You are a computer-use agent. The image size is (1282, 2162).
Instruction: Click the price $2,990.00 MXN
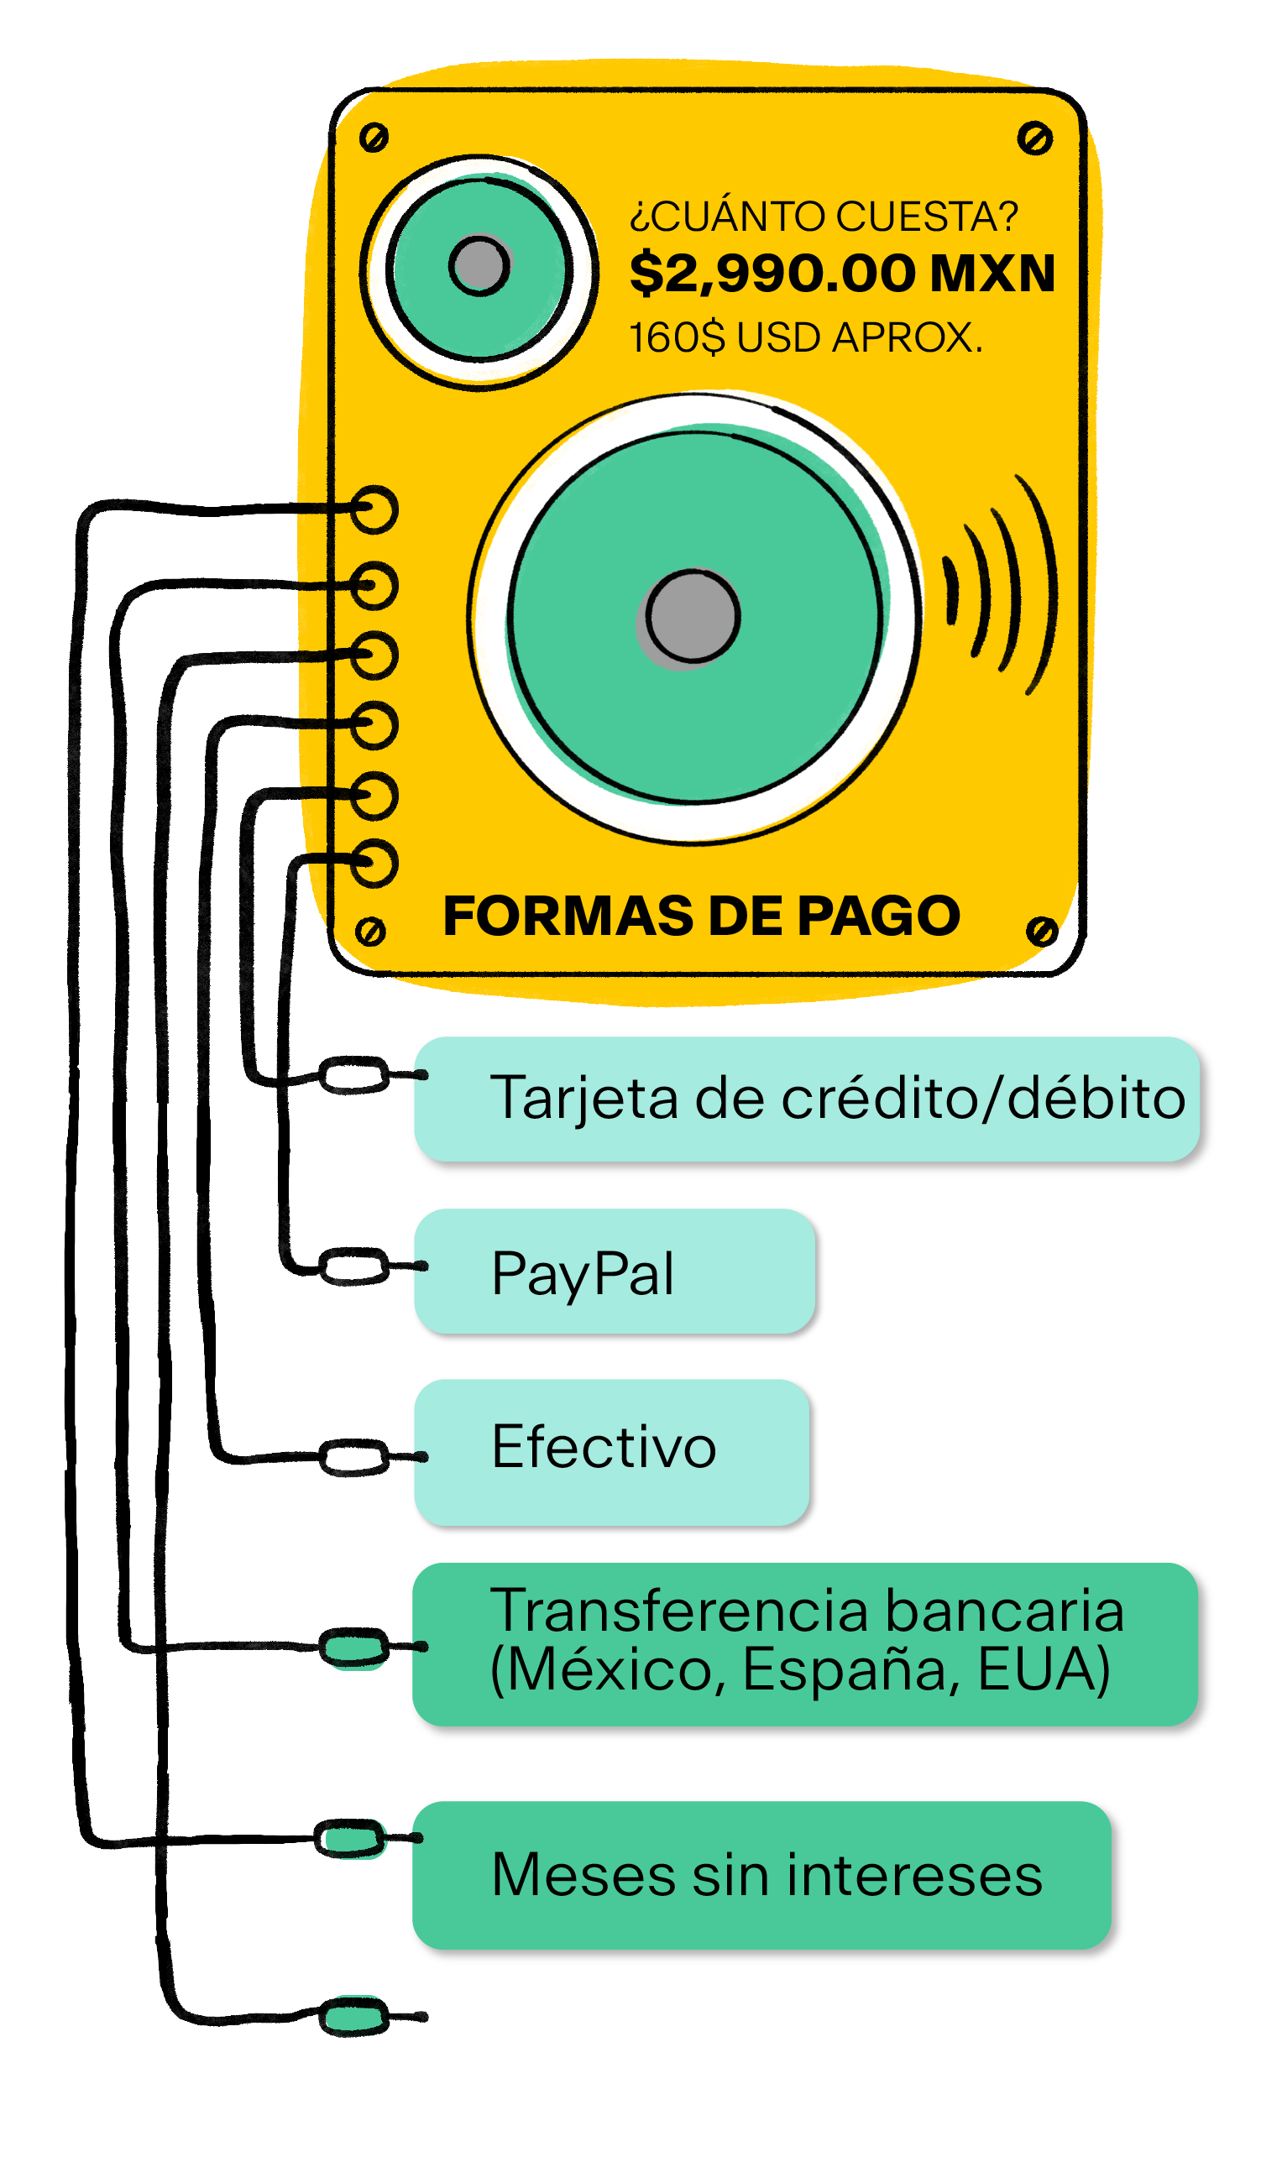click(x=841, y=274)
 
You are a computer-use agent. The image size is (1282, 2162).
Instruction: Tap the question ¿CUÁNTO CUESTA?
click(x=824, y=216)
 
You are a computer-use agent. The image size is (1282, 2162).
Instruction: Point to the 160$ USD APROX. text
click(x=805, y=337)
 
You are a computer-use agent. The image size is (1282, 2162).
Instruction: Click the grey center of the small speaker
click(x=479, y=265)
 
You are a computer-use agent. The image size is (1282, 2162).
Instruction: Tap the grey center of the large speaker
click(x=693, y=617)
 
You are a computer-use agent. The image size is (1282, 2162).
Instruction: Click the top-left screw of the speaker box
click(x=374, y=138)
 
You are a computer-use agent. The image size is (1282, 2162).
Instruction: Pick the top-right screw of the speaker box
click(x=1034, y=138)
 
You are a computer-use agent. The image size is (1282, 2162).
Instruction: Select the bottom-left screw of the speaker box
click(x=369, y=932)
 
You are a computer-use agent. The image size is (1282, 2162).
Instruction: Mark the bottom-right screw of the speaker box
click(x=1042, y=931)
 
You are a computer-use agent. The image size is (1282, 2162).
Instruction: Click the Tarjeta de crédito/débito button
click(x=806, y=1099)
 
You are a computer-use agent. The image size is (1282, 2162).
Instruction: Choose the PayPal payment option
click(x=614, y=1271)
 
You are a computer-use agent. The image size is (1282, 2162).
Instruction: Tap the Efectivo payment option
click(x=610, y=1451)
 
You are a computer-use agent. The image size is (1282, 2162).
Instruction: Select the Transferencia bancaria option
click(x=804, y=1644)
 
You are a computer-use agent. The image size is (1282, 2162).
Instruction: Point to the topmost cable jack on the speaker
click(x=374, y=509)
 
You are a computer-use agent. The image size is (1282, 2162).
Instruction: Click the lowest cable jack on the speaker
click(x=374, y=863)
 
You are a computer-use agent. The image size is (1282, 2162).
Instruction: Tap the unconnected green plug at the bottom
click(x=354, y=2017)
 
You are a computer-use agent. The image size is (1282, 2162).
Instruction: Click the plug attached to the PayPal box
click(x=354, y=1266)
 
